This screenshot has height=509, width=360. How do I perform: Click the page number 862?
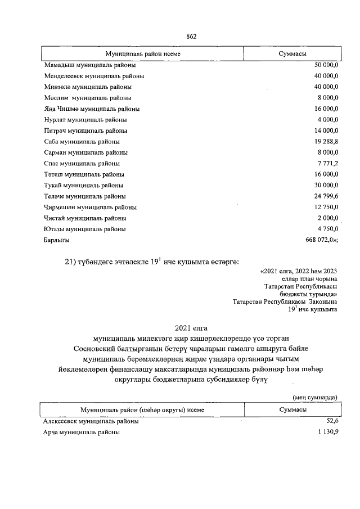coord(191,37)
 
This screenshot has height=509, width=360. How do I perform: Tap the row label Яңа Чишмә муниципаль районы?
coord(92,109)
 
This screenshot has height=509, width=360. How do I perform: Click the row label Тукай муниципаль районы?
coord(84,185)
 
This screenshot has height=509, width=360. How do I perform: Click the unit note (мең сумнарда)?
coord(315,397)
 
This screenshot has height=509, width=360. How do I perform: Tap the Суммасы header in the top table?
coord(292,53)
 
